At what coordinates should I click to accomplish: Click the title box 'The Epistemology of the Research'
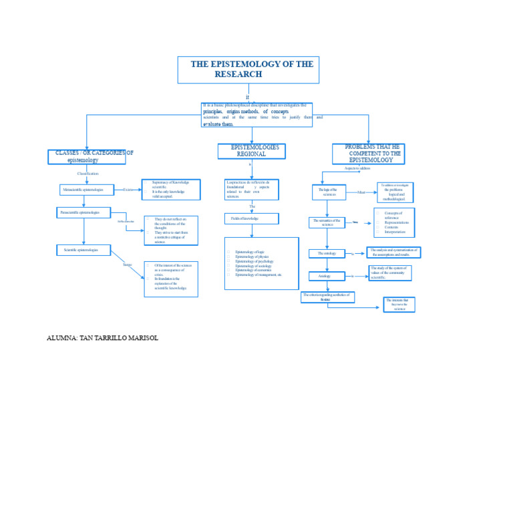[x=248, y=69]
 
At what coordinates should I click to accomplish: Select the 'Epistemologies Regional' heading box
[x=251, y=151]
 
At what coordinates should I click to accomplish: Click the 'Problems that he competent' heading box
[x=368, y=154]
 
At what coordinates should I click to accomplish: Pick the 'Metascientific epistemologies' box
[x=86, y=190]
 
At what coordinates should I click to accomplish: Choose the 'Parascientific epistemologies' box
[x=83, y=212]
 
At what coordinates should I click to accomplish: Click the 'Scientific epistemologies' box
[x=83, y=250]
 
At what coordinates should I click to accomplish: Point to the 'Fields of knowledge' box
[x=251, y=218]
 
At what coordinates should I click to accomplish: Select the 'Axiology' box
[x=327, y=276]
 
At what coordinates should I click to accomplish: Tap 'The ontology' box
[x=327, y=254]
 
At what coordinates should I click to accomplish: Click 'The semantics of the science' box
[x=327, y=222]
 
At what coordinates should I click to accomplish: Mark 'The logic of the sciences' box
[x=329, y=192]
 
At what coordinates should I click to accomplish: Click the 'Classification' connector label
[x=88, y=174]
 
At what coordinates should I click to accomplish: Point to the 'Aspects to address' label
[x=357, y=168]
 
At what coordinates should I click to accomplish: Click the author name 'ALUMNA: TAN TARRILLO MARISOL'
[x=102, y=338]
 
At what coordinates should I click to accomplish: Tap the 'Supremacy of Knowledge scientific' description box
[x=171, y=190]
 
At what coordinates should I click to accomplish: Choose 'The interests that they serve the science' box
[x=399, y=305]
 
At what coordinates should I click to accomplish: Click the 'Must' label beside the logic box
[x=361, y=192]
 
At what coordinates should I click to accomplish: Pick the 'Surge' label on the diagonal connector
[x=127, y=265]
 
